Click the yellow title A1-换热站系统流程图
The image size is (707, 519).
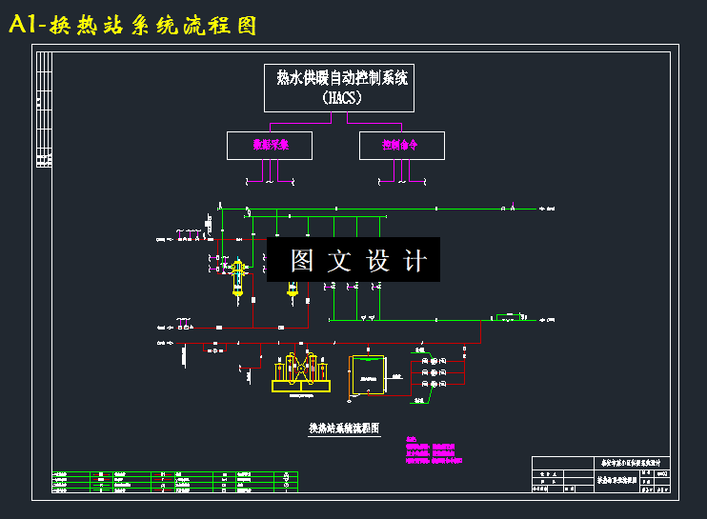pos(132,26)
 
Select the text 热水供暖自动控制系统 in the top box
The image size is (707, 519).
pos(341,79)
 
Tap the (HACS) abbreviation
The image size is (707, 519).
pos(341,97)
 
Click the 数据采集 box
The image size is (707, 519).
pos(270,146)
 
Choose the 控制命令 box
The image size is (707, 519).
pos(400,146)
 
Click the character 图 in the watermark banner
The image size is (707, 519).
pos(302,260)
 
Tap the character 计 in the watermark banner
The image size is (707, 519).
pos(414,260)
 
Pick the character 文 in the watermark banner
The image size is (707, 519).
pos(340,260)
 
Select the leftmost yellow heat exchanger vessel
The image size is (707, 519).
pos(237,276)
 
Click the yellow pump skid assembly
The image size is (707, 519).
pos(301,373)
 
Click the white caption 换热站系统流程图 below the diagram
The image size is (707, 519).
pos(344,429)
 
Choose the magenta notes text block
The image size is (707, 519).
pos(431,449)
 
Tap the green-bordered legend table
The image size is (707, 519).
pos(174,481)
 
